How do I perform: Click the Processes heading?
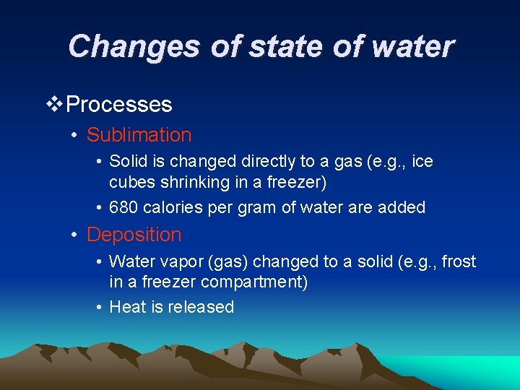point(118,105)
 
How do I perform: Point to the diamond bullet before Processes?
point(54,105)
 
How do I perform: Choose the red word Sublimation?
point(139,135)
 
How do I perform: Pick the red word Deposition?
point(134,235)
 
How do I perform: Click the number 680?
point(123,208)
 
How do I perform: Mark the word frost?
point(459,261)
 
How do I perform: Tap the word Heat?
point(126,307)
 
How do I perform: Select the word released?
point(201,307)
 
